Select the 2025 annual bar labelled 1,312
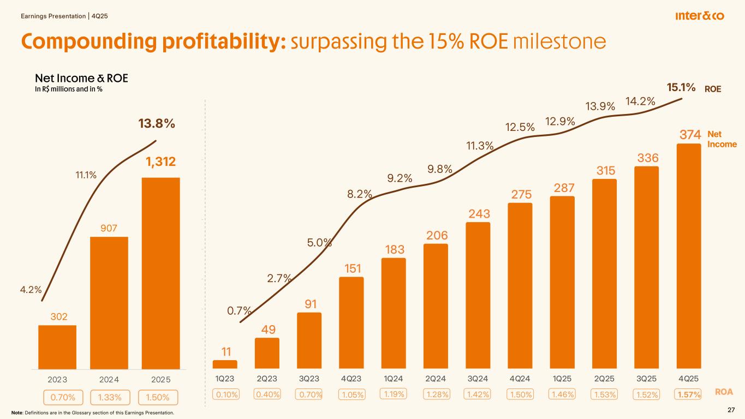click(x=161, y=273)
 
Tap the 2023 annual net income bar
click(x=57, y=347)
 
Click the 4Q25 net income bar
click(x=688, y=256)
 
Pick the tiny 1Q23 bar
click(x=225, y=364)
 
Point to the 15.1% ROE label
click(x=681, y=88)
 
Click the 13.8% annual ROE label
click(x=157, y=124)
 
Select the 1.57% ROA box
click(x=688, y=394)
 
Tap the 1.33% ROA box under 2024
click(x=109, y=398)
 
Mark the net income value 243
click(x=478, y=213)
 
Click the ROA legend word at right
click(x=724, y=392)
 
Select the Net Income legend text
click(x=722, y=139)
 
